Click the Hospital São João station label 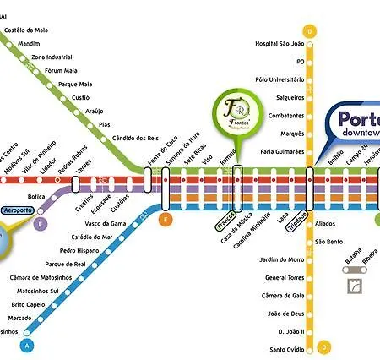tap(280, 44)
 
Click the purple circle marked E tap(40, 224)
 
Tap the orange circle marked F tap(166, 220)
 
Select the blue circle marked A tap(28, 346)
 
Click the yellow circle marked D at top tap(310, 31)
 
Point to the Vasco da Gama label tap(106, 222)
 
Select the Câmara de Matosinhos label tap(41, 278)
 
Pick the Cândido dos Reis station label tap(135, 138)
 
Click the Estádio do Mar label tap(92, 237)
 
